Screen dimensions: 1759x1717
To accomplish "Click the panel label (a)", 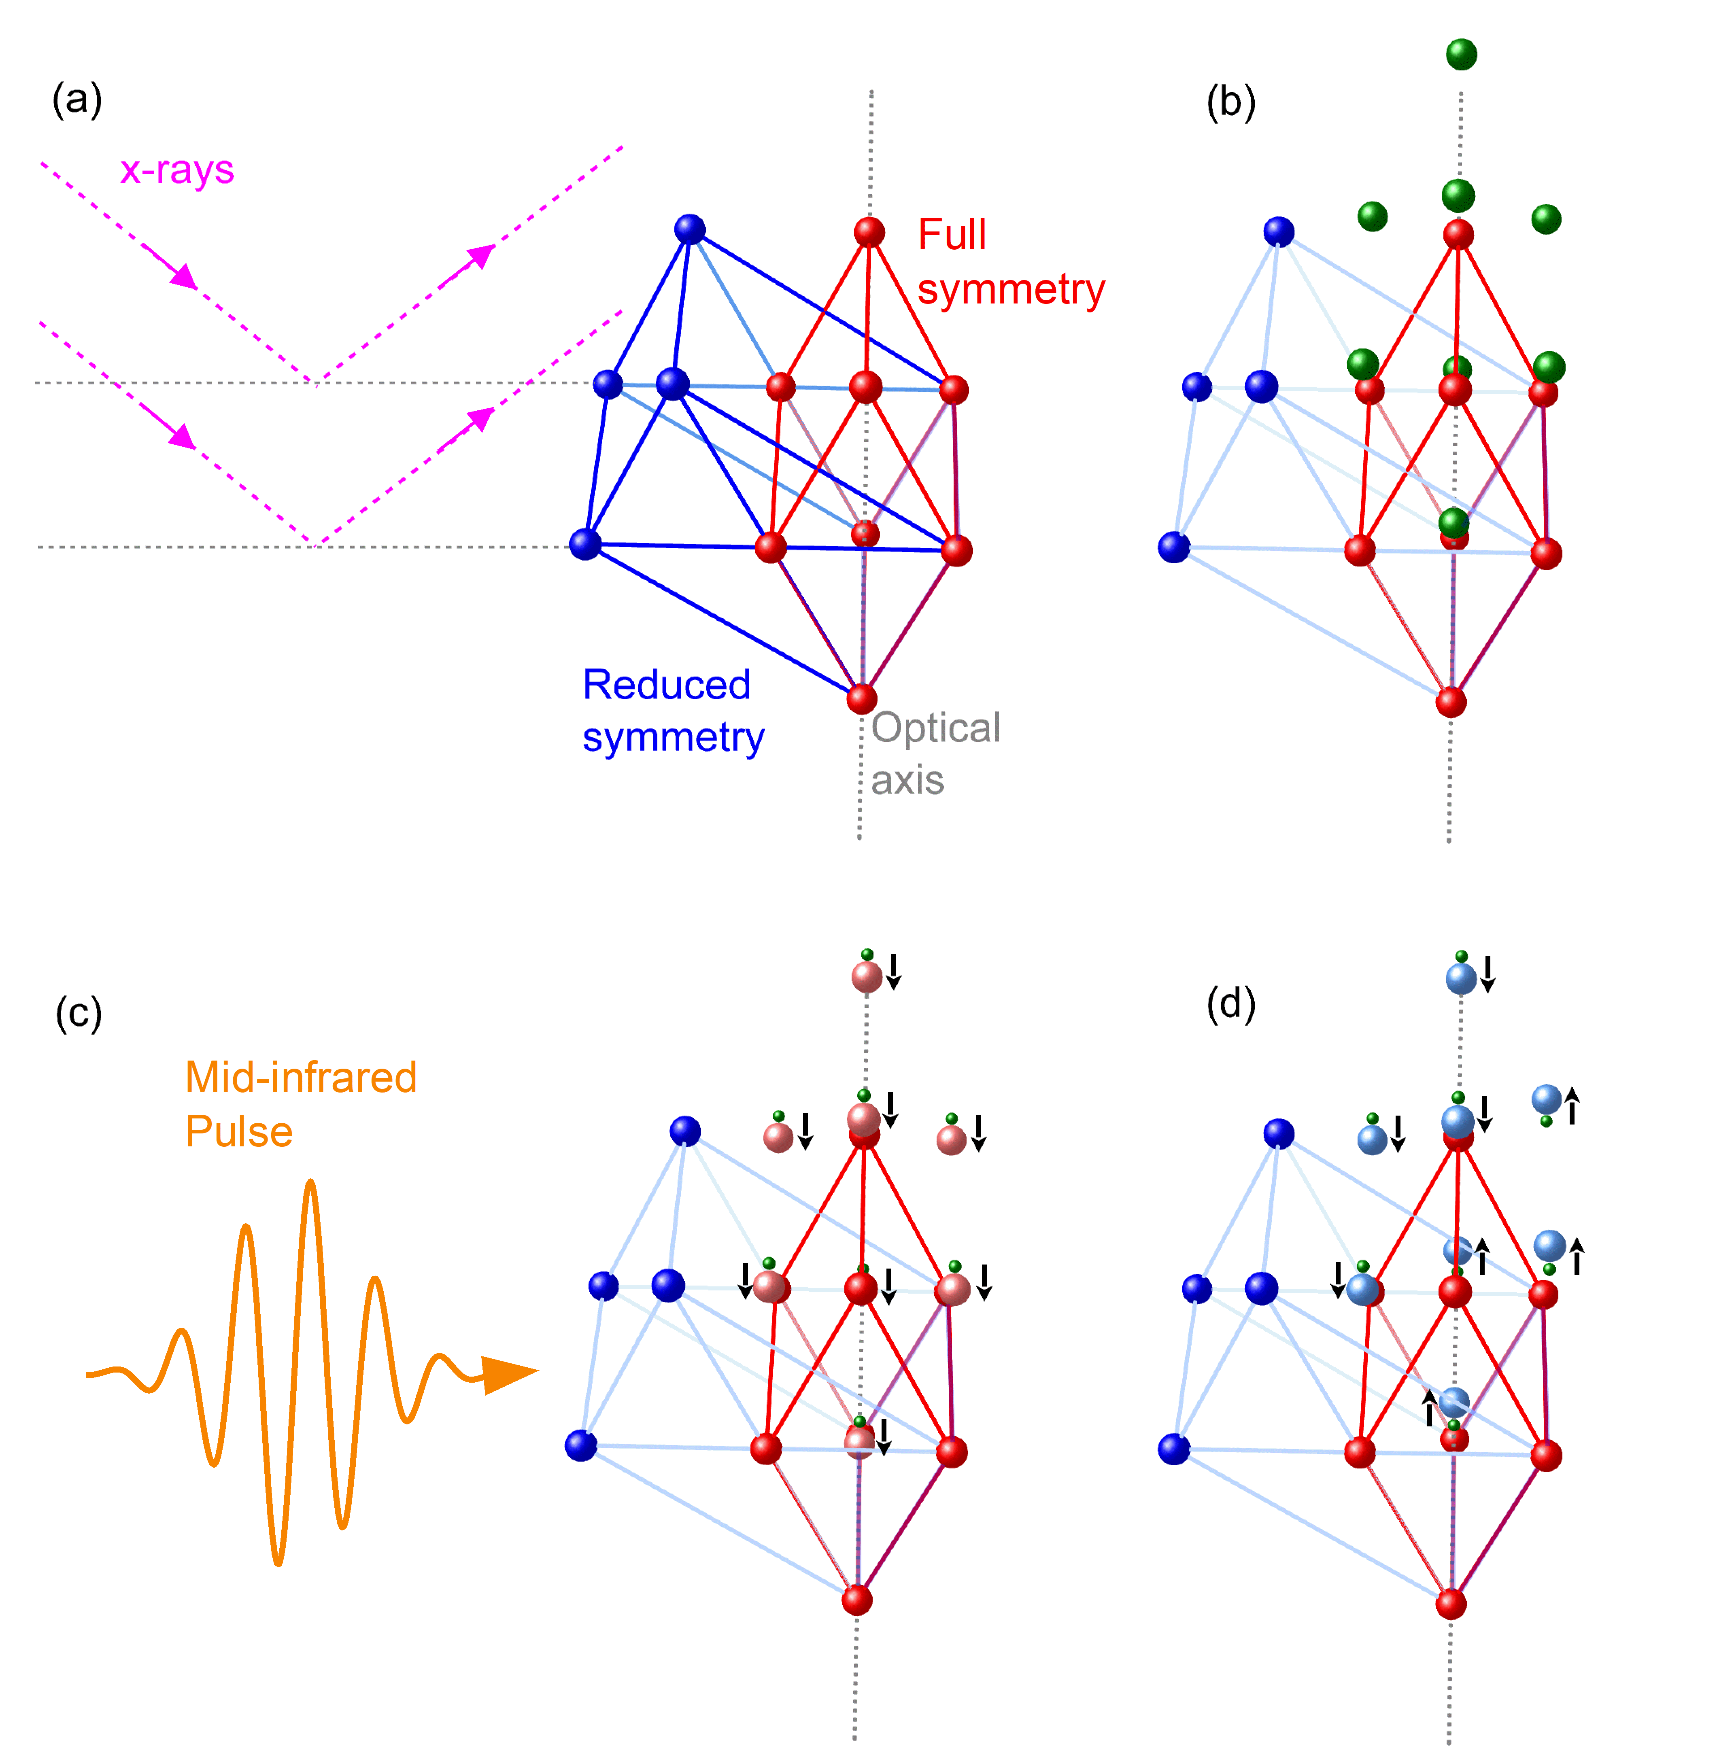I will click(x=78, y=99).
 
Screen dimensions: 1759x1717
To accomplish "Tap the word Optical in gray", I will click(x=935, y=728).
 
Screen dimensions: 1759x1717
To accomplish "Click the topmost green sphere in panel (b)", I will click(x=1461, y=54).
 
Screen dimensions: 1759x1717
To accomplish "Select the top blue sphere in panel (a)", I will click(x=690, y=229).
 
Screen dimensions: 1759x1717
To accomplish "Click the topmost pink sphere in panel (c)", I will click(x=867, y=976).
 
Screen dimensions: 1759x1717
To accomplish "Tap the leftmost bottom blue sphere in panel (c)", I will click(x=581, y=1445).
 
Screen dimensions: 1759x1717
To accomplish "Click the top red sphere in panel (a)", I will click(x=869, y=232).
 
